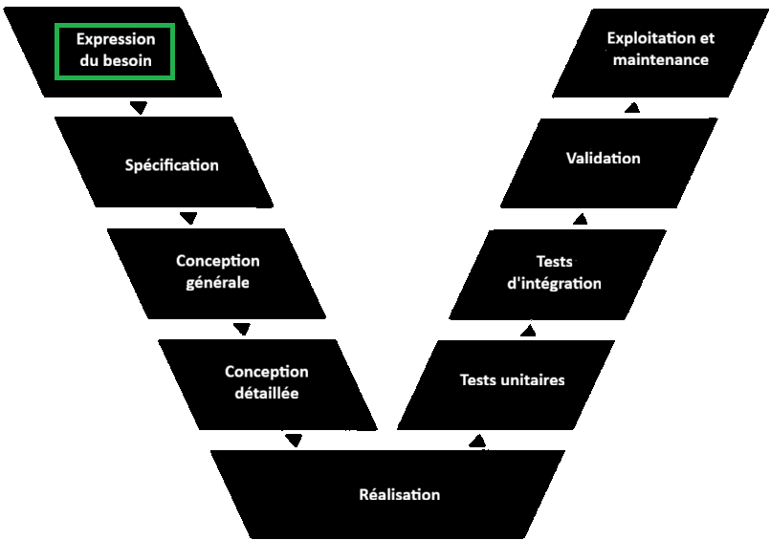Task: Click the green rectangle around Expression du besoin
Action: (115, 51)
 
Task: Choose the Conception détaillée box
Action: (267, 382)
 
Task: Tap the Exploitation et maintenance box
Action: (660, 49)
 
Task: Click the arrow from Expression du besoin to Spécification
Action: (139, 107)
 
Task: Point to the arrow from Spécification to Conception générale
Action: (189, 218)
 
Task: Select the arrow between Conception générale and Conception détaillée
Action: (241, 329)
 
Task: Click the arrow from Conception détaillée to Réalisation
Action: (294, 441)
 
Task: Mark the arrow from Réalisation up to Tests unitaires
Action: (478, 440)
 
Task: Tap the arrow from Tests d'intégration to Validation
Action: (580, 219)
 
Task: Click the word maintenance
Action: (659, 59)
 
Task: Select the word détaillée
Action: (267, 393)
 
